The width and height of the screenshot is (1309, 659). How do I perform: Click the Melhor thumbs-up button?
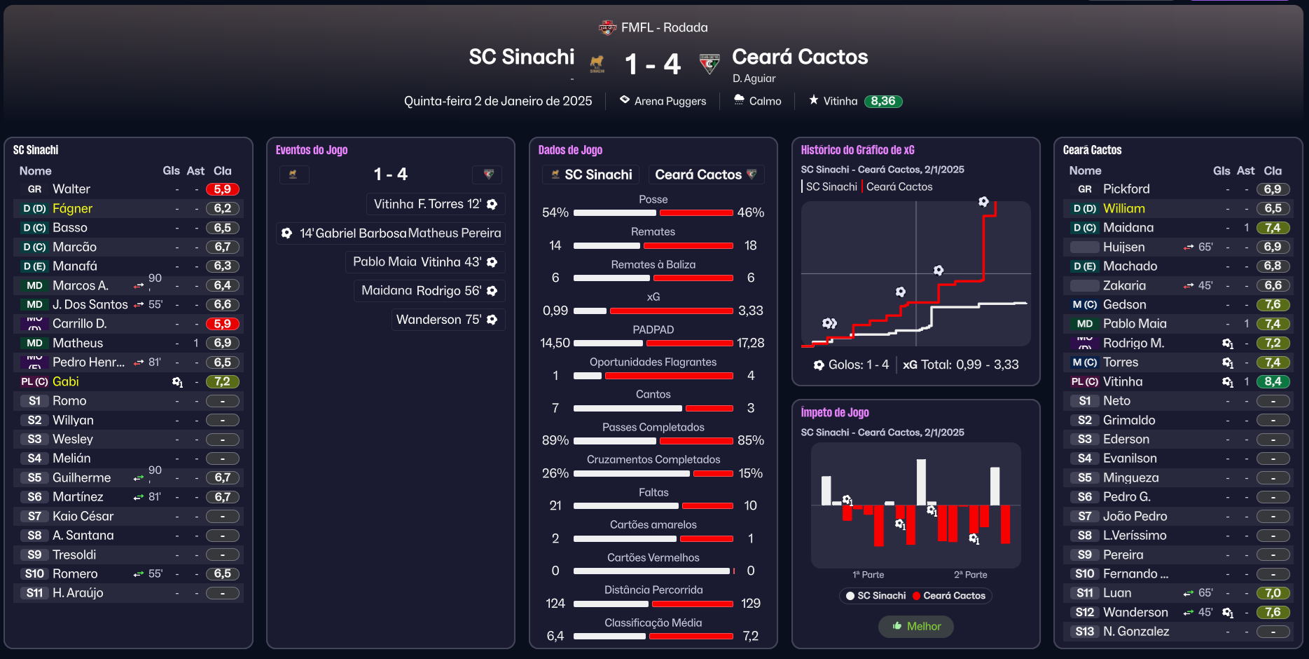(916, 626)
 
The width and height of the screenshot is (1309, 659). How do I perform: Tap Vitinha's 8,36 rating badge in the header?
(883, 101)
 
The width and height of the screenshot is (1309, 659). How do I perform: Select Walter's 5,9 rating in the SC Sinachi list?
(223, 189)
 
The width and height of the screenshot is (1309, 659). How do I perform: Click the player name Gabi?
(66, 381)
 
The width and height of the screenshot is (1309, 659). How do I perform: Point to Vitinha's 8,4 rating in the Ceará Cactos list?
(1273, 381)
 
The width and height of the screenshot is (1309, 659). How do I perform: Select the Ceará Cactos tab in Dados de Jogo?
(705, 175)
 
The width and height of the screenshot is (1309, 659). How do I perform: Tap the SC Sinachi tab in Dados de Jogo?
(593, 175)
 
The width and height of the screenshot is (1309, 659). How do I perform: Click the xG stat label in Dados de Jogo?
(653, 297)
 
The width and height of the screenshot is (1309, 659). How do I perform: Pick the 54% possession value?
(555, 212)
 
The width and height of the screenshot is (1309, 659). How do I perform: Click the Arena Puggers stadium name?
(670, 101)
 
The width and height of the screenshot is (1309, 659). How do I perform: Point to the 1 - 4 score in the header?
(652, 64)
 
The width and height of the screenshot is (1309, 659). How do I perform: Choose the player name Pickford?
(1126, 189)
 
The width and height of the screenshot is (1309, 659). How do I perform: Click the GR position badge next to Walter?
(35, 189)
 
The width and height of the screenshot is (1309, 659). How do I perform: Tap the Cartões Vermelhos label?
(653, 557)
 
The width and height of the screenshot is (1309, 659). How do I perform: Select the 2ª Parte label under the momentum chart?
(970, 575)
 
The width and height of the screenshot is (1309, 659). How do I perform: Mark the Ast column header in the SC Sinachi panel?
(195, 170)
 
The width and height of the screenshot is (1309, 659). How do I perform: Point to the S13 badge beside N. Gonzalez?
(1084, 632)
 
